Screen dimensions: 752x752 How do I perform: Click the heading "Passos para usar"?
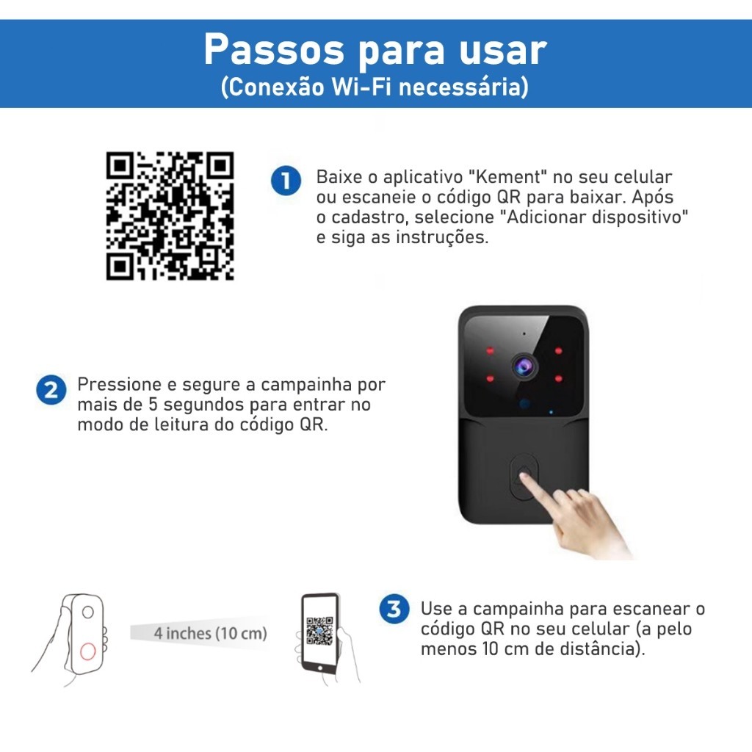[x=375, y=49]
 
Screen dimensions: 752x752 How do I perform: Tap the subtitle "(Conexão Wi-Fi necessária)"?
[x=375, y=87]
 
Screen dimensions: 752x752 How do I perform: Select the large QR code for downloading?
[x=170, y=216]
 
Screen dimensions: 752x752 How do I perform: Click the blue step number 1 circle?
[x=286, y=181]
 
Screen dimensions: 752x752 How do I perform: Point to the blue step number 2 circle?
[x=51, y=389]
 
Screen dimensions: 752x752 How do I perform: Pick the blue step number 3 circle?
[x=394, y=609]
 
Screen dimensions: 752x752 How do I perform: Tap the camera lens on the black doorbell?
[x=524, y=367]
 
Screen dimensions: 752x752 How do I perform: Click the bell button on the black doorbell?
[x=524, y=477]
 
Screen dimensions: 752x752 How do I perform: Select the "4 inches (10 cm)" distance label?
[x=210, y=634]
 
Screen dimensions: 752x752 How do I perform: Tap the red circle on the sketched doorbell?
[x=88, y=651]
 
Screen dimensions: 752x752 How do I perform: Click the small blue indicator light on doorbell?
[x=551, y=412]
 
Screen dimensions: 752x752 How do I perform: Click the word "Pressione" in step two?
[x=119, y=384]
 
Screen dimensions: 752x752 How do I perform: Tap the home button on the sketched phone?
[x=320, y=668]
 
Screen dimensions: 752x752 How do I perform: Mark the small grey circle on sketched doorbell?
[x=88, y=612]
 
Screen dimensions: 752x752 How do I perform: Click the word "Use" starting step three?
[x=436, y=609]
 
